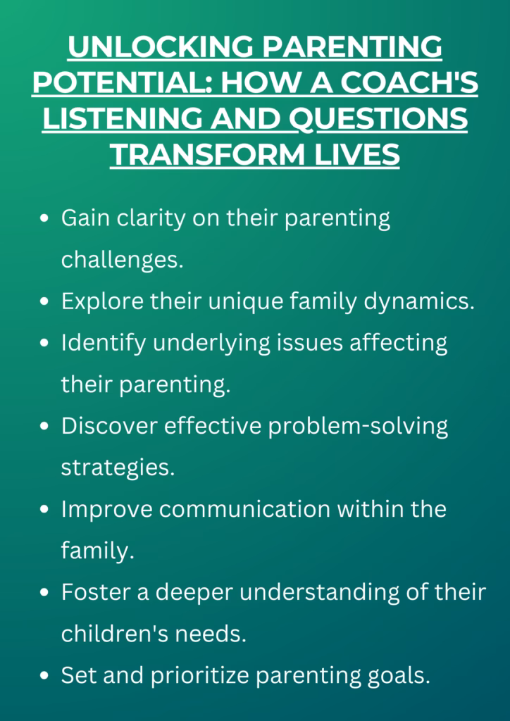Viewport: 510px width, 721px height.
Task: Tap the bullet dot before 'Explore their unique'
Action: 45,302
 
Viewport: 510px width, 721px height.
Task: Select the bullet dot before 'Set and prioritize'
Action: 45,676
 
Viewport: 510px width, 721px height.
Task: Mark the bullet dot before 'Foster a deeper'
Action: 45,593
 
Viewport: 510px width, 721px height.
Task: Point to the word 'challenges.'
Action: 122,260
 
